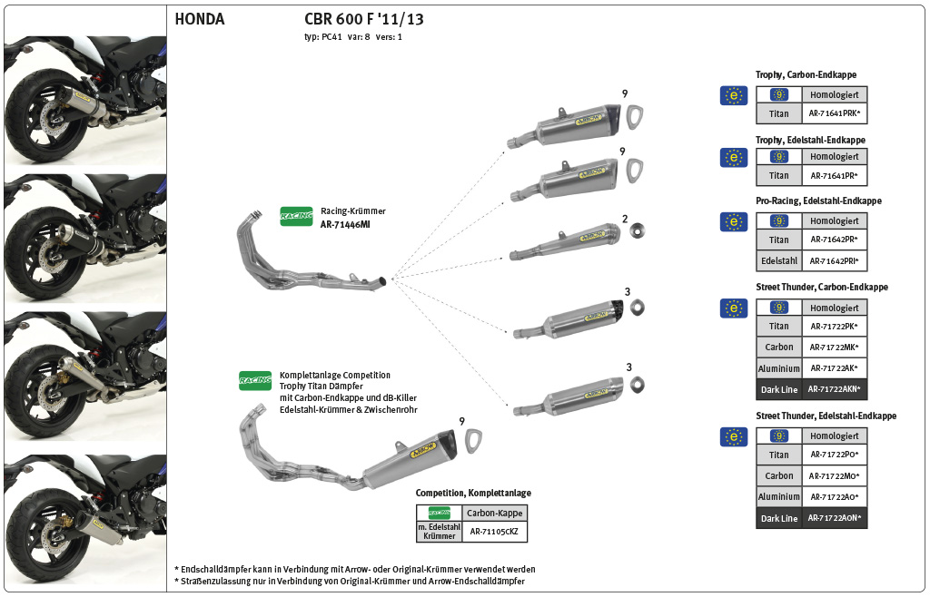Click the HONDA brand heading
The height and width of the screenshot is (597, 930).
(199, 19)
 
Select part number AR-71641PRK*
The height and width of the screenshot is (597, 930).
(834, 114)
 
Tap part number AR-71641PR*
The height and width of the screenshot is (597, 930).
(834, 176)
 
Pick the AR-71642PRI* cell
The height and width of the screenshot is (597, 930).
(834, 261)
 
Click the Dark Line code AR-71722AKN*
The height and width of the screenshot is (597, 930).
(834, 390)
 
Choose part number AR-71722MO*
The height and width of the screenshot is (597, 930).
(834, 475)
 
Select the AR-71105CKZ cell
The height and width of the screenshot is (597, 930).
(494, 533)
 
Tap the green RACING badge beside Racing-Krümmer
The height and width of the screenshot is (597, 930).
(296, 216)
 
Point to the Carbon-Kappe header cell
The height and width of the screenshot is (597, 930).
(494, 513)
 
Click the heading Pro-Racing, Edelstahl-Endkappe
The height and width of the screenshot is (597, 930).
(818, 201)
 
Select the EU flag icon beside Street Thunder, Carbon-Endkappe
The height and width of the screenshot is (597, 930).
(733, 308)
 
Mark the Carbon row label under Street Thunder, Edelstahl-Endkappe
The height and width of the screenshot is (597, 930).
(778, 475)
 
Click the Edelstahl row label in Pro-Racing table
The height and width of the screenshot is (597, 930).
(778, 261)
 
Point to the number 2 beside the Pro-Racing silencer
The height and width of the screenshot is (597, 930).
(625, 220)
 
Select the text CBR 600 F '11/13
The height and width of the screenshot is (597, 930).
(363, 19)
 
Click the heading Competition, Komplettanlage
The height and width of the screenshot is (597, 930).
(473, 493)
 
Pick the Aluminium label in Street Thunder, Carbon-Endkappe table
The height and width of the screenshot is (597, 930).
(778, 368)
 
